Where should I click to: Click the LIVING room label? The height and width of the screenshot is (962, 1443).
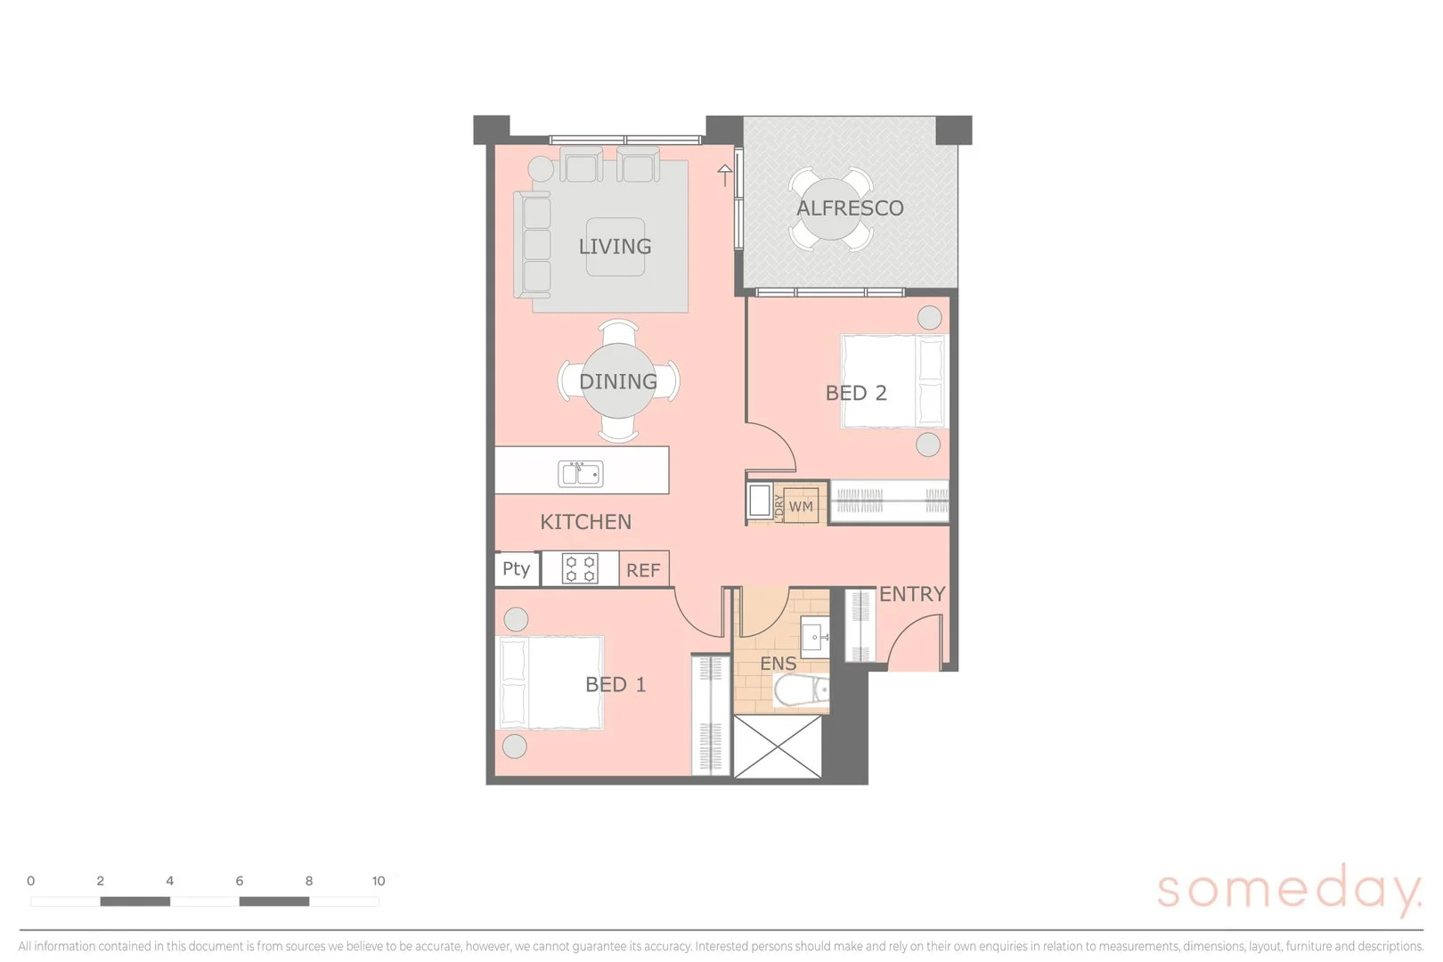(615, 247)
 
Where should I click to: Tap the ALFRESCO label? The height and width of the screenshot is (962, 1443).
(850, 208)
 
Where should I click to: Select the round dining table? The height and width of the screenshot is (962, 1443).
(618, 381)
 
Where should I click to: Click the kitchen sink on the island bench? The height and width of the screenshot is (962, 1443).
(580, 473)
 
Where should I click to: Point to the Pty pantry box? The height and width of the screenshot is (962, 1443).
(516, 568)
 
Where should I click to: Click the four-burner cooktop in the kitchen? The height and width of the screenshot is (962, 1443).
(580, 568)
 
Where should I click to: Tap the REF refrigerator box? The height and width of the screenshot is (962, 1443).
(643, 570)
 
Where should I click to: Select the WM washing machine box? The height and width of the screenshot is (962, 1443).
(801, 506)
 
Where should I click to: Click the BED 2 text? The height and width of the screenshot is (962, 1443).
(856, 393)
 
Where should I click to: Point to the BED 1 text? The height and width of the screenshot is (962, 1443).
(616, 685)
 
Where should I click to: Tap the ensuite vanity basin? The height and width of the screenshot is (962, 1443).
(813, 639)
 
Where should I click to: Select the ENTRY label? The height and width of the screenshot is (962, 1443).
(912, 594)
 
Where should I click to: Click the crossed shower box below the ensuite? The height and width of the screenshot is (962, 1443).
(776, 746)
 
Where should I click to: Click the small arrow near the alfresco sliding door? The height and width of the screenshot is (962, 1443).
(725, 175)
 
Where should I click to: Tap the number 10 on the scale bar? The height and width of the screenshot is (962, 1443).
(379, 881)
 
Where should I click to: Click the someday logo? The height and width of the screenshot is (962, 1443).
(1289, 889)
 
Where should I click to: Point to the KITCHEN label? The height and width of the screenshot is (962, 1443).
(585, 522)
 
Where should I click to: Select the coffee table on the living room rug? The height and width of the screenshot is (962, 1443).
(615, 246)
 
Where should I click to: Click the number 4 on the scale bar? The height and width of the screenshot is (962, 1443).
(169, 881)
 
